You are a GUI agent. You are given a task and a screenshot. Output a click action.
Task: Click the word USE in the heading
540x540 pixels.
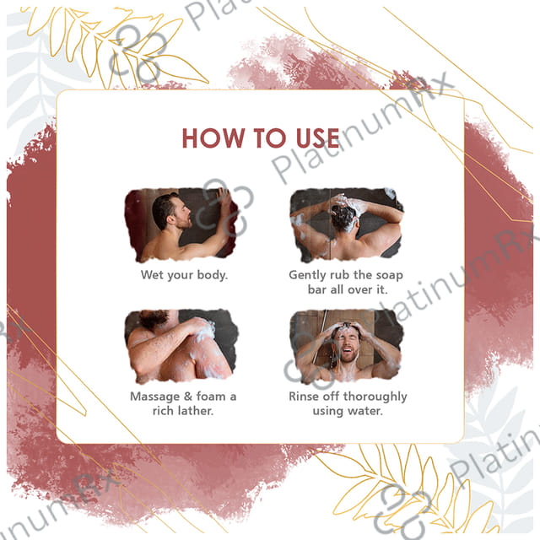click(318, 138)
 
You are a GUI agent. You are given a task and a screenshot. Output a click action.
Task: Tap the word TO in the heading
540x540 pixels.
click(270, 138)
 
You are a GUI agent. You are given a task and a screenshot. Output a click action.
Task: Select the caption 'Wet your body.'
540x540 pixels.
click(184, 275)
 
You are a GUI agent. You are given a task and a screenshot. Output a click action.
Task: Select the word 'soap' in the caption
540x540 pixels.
click(389, 276)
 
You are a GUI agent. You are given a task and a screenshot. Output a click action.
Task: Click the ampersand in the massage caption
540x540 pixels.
click(188, 397)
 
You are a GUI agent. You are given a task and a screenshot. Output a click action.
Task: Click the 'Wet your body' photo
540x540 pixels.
click(181, 224)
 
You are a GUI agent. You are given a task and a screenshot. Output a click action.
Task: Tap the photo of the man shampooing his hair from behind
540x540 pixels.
click(347, 224)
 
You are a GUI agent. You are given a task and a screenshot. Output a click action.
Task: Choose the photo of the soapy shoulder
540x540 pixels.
click(181, 346)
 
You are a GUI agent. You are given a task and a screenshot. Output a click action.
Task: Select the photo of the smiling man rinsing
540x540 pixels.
click(347, 346)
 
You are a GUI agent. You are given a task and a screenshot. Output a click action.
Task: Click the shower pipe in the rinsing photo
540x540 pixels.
click(320, 337)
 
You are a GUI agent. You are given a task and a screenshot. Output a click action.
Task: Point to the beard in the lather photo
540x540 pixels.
click(153, 319)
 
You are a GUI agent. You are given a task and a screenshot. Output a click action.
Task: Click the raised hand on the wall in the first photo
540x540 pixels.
click(224, 197)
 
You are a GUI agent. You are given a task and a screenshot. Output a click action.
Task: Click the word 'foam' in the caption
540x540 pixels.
click(211, 397)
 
